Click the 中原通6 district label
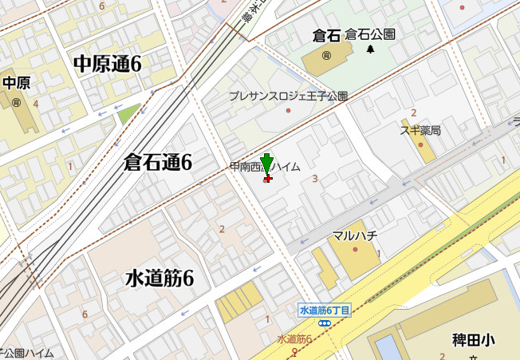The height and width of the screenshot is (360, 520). point(107,65)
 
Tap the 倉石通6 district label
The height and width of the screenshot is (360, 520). point(158,163)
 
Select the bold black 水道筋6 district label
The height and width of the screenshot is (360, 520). point(160,279)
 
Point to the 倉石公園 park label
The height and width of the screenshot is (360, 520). point(370,34)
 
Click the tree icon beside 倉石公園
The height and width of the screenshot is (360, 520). point(371,49)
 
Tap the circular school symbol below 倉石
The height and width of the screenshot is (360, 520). point(326,55)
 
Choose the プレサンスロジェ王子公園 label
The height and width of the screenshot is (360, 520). point(288,96)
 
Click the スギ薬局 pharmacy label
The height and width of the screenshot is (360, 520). point(420,130)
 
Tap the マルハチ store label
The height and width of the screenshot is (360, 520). point(354,235)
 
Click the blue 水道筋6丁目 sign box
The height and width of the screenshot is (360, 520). point(325,311)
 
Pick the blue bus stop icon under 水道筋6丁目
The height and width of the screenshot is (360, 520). point(325,323)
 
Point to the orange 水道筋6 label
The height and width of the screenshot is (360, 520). point(294,339)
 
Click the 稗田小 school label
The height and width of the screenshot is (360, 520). point(473,340)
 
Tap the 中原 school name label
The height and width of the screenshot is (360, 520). point(16,83)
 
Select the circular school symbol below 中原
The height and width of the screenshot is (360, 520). point(16,102)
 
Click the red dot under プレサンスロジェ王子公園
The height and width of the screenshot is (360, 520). point(288,110)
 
